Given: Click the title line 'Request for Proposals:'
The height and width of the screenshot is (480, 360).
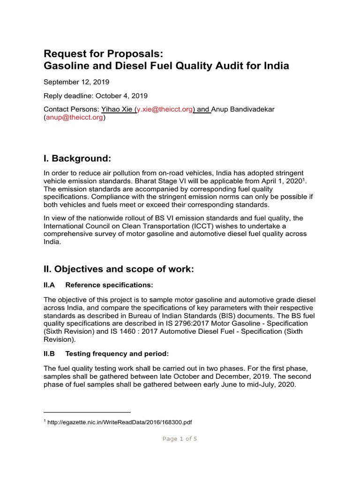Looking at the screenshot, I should coord(103,53).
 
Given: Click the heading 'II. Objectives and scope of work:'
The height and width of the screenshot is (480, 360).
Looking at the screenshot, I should coord(119,269).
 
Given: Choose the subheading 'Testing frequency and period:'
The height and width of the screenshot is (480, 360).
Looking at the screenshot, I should coord(115,353).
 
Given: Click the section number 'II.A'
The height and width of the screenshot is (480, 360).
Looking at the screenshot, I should coord(49,285).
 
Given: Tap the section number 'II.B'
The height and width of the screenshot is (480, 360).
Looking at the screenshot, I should coord(49,353).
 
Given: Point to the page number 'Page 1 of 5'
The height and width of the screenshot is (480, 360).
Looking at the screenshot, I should coord(180,439).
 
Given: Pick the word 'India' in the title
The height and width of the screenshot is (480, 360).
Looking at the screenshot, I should coord(276,66).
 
